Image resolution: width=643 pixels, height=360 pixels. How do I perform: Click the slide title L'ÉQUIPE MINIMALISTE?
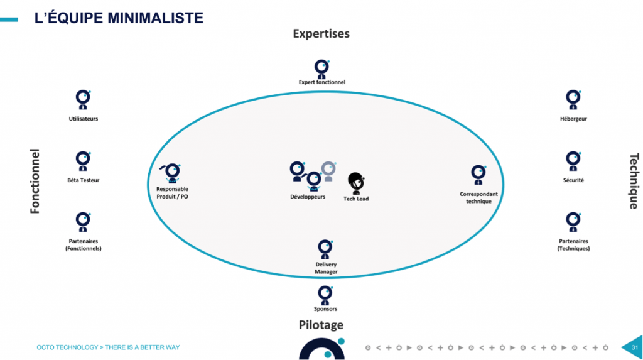(119, 18)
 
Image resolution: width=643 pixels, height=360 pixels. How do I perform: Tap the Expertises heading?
(321, 33)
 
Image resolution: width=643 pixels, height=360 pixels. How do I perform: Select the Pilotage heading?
(321, 325)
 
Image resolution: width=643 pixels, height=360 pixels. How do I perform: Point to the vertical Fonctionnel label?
(35, 181)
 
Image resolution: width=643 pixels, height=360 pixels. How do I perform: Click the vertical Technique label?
(634, 181)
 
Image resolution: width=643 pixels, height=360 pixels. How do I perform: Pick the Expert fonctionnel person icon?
(321, 68)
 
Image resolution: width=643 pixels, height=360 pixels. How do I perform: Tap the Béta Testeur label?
(83, 180)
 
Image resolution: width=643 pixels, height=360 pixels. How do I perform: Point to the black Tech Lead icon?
(356, 183)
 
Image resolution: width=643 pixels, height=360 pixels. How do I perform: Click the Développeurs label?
(308, 197)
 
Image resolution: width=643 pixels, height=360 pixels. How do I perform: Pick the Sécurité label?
(573, 180)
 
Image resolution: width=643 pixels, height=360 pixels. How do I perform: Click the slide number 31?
(634, 347)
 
